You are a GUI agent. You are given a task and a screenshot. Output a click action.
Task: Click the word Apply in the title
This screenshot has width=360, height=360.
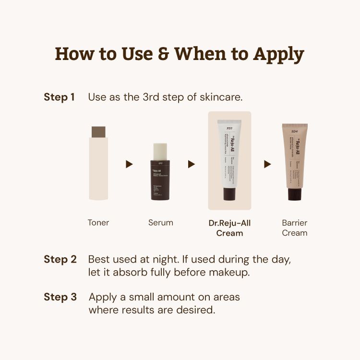tap(278, 54)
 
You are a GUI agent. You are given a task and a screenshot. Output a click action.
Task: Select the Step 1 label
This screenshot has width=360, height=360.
tap(59, 96)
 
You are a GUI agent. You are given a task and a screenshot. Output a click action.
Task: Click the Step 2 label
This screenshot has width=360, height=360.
tap(60, 259)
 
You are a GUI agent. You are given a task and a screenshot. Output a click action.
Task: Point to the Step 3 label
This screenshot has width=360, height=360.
tap(60, 297)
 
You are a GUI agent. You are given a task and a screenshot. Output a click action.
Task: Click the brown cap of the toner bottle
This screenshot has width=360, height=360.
tap(98, 132)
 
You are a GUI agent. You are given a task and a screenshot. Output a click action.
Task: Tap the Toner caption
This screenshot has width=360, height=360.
tap(98, 223)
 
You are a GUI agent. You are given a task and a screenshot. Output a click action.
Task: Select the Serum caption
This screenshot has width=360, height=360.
tap(160, 223)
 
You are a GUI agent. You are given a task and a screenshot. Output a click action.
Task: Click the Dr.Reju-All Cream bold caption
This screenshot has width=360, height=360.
tap(229, 228)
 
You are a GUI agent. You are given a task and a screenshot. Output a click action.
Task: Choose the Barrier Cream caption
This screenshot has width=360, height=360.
tap(295, 228)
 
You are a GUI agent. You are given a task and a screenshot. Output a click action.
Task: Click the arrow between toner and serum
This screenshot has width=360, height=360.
tap(129, 164)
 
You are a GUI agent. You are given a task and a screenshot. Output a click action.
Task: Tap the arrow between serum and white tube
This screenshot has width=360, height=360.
tap(192, 164)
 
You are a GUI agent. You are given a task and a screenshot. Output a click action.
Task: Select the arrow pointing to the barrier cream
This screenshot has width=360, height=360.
tap(267, 164)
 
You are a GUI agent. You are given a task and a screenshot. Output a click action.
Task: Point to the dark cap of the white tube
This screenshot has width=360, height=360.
tap(229, 194)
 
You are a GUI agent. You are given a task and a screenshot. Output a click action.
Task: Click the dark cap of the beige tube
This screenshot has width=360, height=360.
tap(294, 194)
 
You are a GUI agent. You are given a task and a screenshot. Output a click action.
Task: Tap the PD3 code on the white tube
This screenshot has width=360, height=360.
tap(229, 128)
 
